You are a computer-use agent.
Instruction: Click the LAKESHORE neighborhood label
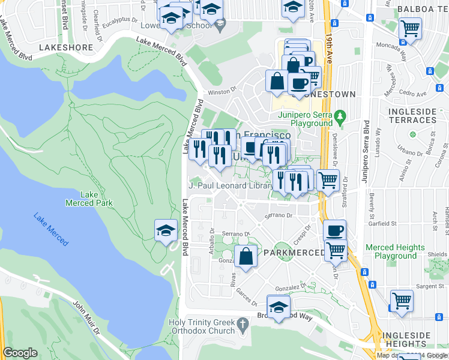[x=66, y=47]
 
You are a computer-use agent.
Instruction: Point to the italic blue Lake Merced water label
[x=51, y=229]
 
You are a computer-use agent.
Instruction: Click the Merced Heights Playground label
[x=395, y=251]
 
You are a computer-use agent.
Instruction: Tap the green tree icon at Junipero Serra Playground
[x=340, y=115]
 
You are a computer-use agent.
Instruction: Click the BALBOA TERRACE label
[x=422, y=10]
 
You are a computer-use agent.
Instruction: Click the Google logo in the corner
[x=20, y=353]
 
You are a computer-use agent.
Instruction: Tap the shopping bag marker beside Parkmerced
[x=246, y=256]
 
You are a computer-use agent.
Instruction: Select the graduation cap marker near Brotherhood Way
[x=278, y=307]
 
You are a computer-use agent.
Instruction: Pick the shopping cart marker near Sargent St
[x=402, y=301]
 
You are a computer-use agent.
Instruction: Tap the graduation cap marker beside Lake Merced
[x=166, y=230]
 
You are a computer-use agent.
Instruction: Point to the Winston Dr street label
[x=221, y=93]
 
